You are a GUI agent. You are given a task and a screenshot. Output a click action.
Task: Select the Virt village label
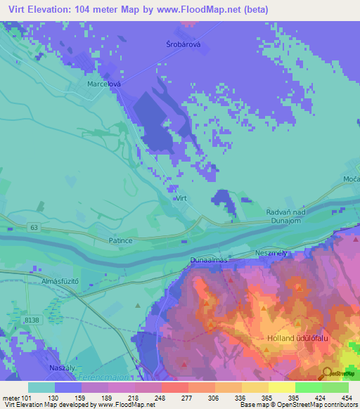click(x=181, y=199)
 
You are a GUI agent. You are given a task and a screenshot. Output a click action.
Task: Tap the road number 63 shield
click(x=34, y=227)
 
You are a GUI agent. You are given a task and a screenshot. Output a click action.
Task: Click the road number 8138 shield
click(x=32, y=320)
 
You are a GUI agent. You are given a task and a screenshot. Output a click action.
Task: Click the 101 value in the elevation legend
click(x=27, y=398)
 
